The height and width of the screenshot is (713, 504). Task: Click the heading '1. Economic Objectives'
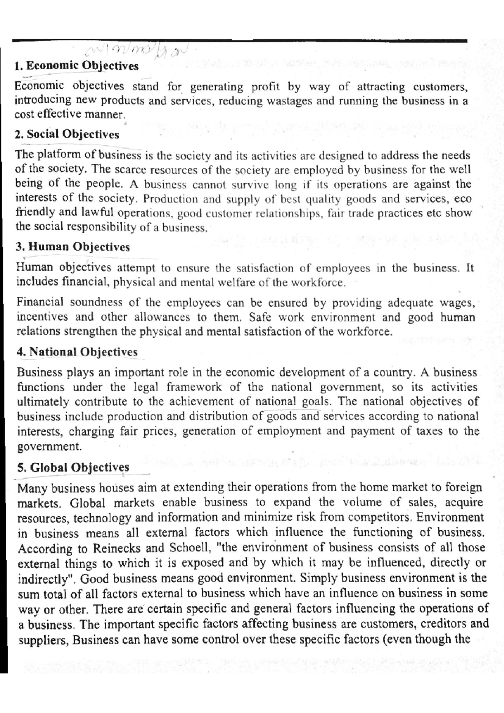[x=76, y=66]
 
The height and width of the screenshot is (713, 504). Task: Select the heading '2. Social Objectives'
[x=67, y=134]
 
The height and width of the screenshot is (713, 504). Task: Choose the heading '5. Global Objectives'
[x=73, y=467]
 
